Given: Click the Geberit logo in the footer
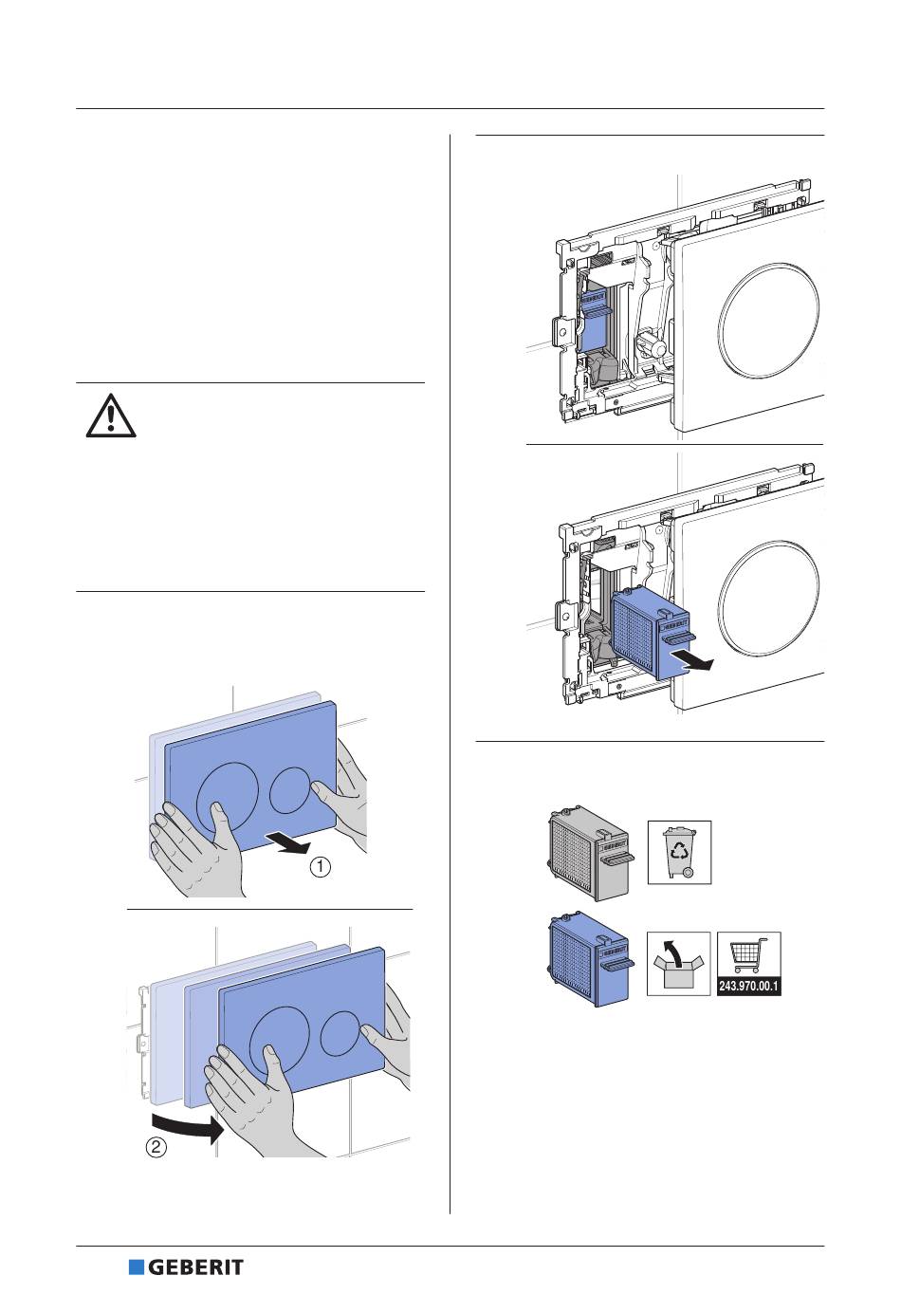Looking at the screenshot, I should (186, 1267).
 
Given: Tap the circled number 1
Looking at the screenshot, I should (322, 867).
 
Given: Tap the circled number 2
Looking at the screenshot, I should (156, 1147).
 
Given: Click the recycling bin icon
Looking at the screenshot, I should (679, 851).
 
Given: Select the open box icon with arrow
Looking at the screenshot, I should (679, 964).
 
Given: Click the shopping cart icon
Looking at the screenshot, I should (749, 956).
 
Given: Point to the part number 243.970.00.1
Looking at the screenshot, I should (749, 987).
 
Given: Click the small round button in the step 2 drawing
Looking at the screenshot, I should (341, 1033).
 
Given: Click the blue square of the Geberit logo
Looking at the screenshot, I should (136, 1267).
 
